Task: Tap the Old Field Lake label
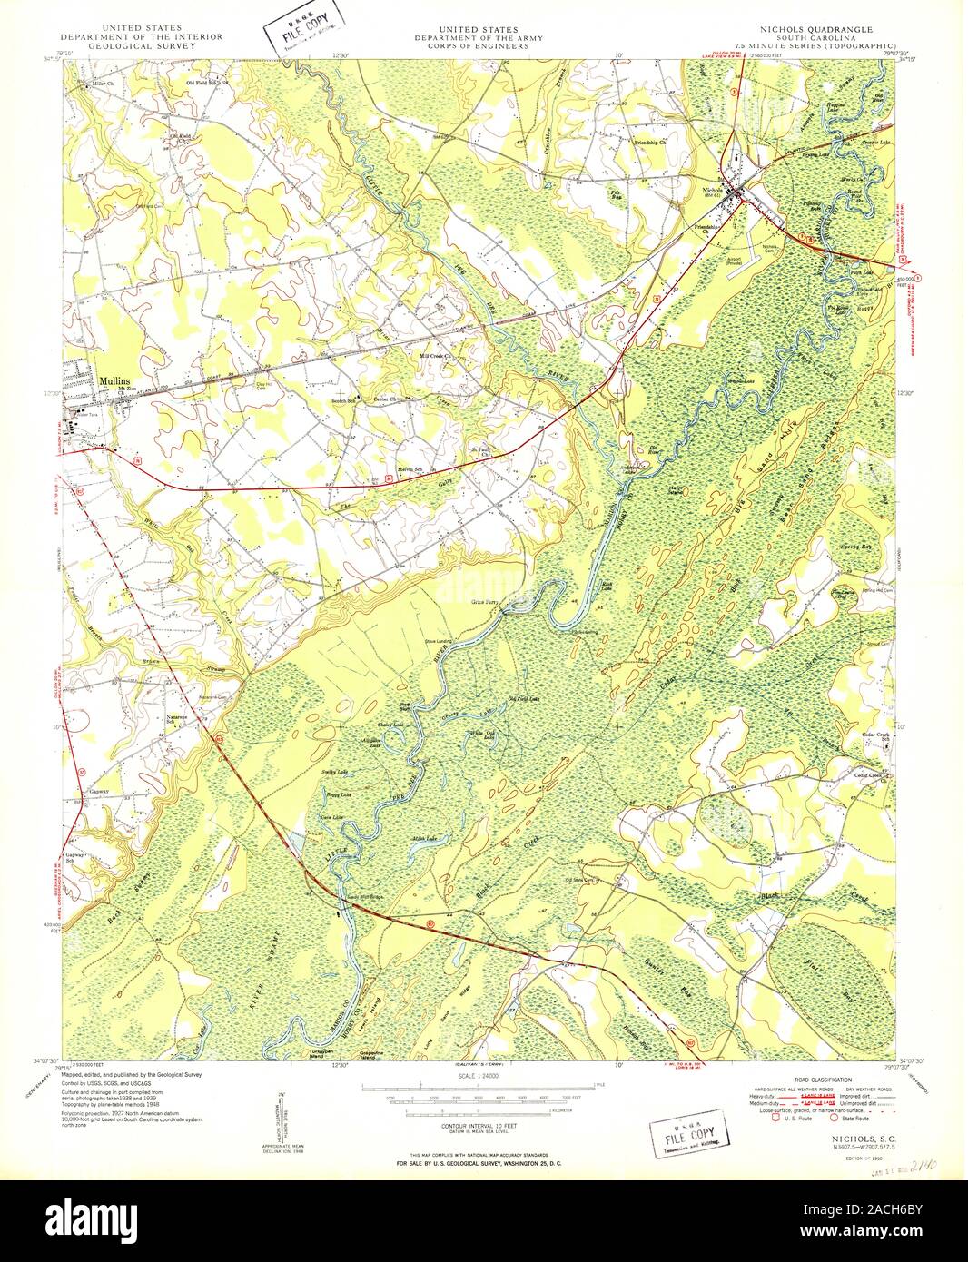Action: (x=523, y=698)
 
